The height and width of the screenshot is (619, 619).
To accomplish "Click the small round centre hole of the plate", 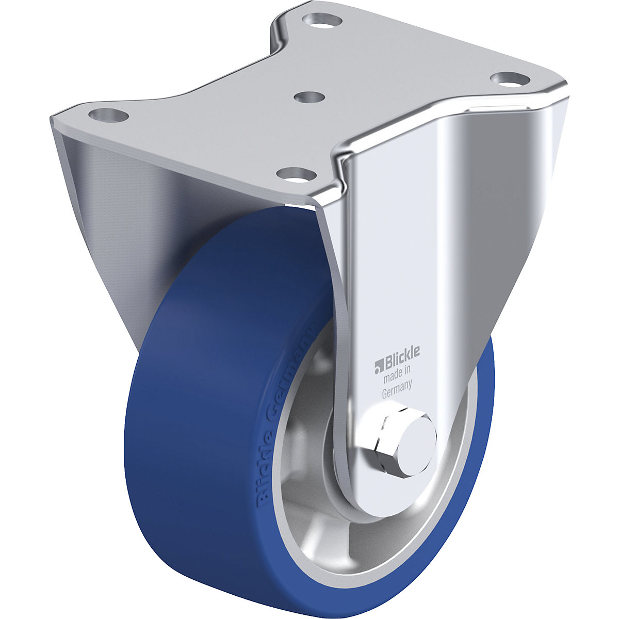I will [309, 96].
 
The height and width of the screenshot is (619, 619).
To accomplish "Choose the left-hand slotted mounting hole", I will [108, 115].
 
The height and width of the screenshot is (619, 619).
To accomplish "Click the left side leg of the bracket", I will [103, 206].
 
